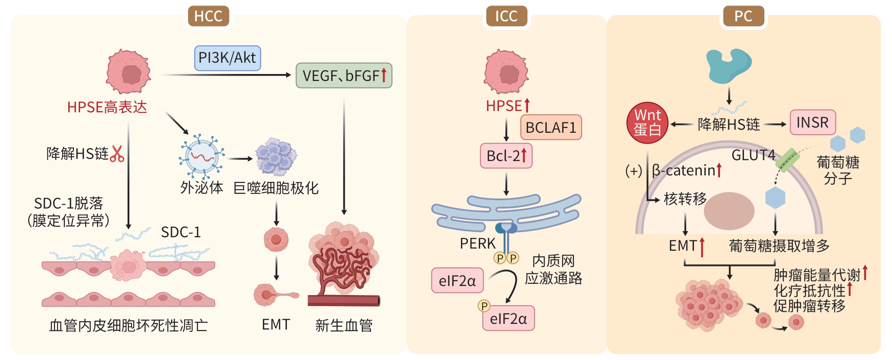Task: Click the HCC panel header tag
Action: (208, 17)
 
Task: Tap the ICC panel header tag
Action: (506, 17)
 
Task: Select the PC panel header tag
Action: (743, 17)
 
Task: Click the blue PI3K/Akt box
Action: (227, 58)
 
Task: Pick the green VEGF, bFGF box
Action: (344, 76)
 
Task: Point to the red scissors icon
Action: (117, 154)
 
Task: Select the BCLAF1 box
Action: (551, 128)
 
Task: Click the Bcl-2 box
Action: (506, 156)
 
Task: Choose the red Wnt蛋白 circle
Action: (647, 123)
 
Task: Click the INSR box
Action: (812, 122)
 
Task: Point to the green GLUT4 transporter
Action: (787, 160)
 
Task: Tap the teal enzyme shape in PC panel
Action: (728, 65)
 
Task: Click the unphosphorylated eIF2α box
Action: (457, 281)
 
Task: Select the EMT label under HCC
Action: (276, 325)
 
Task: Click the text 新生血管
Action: (344, 325)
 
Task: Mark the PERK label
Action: (478, 244)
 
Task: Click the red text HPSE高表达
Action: (107, 107)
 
